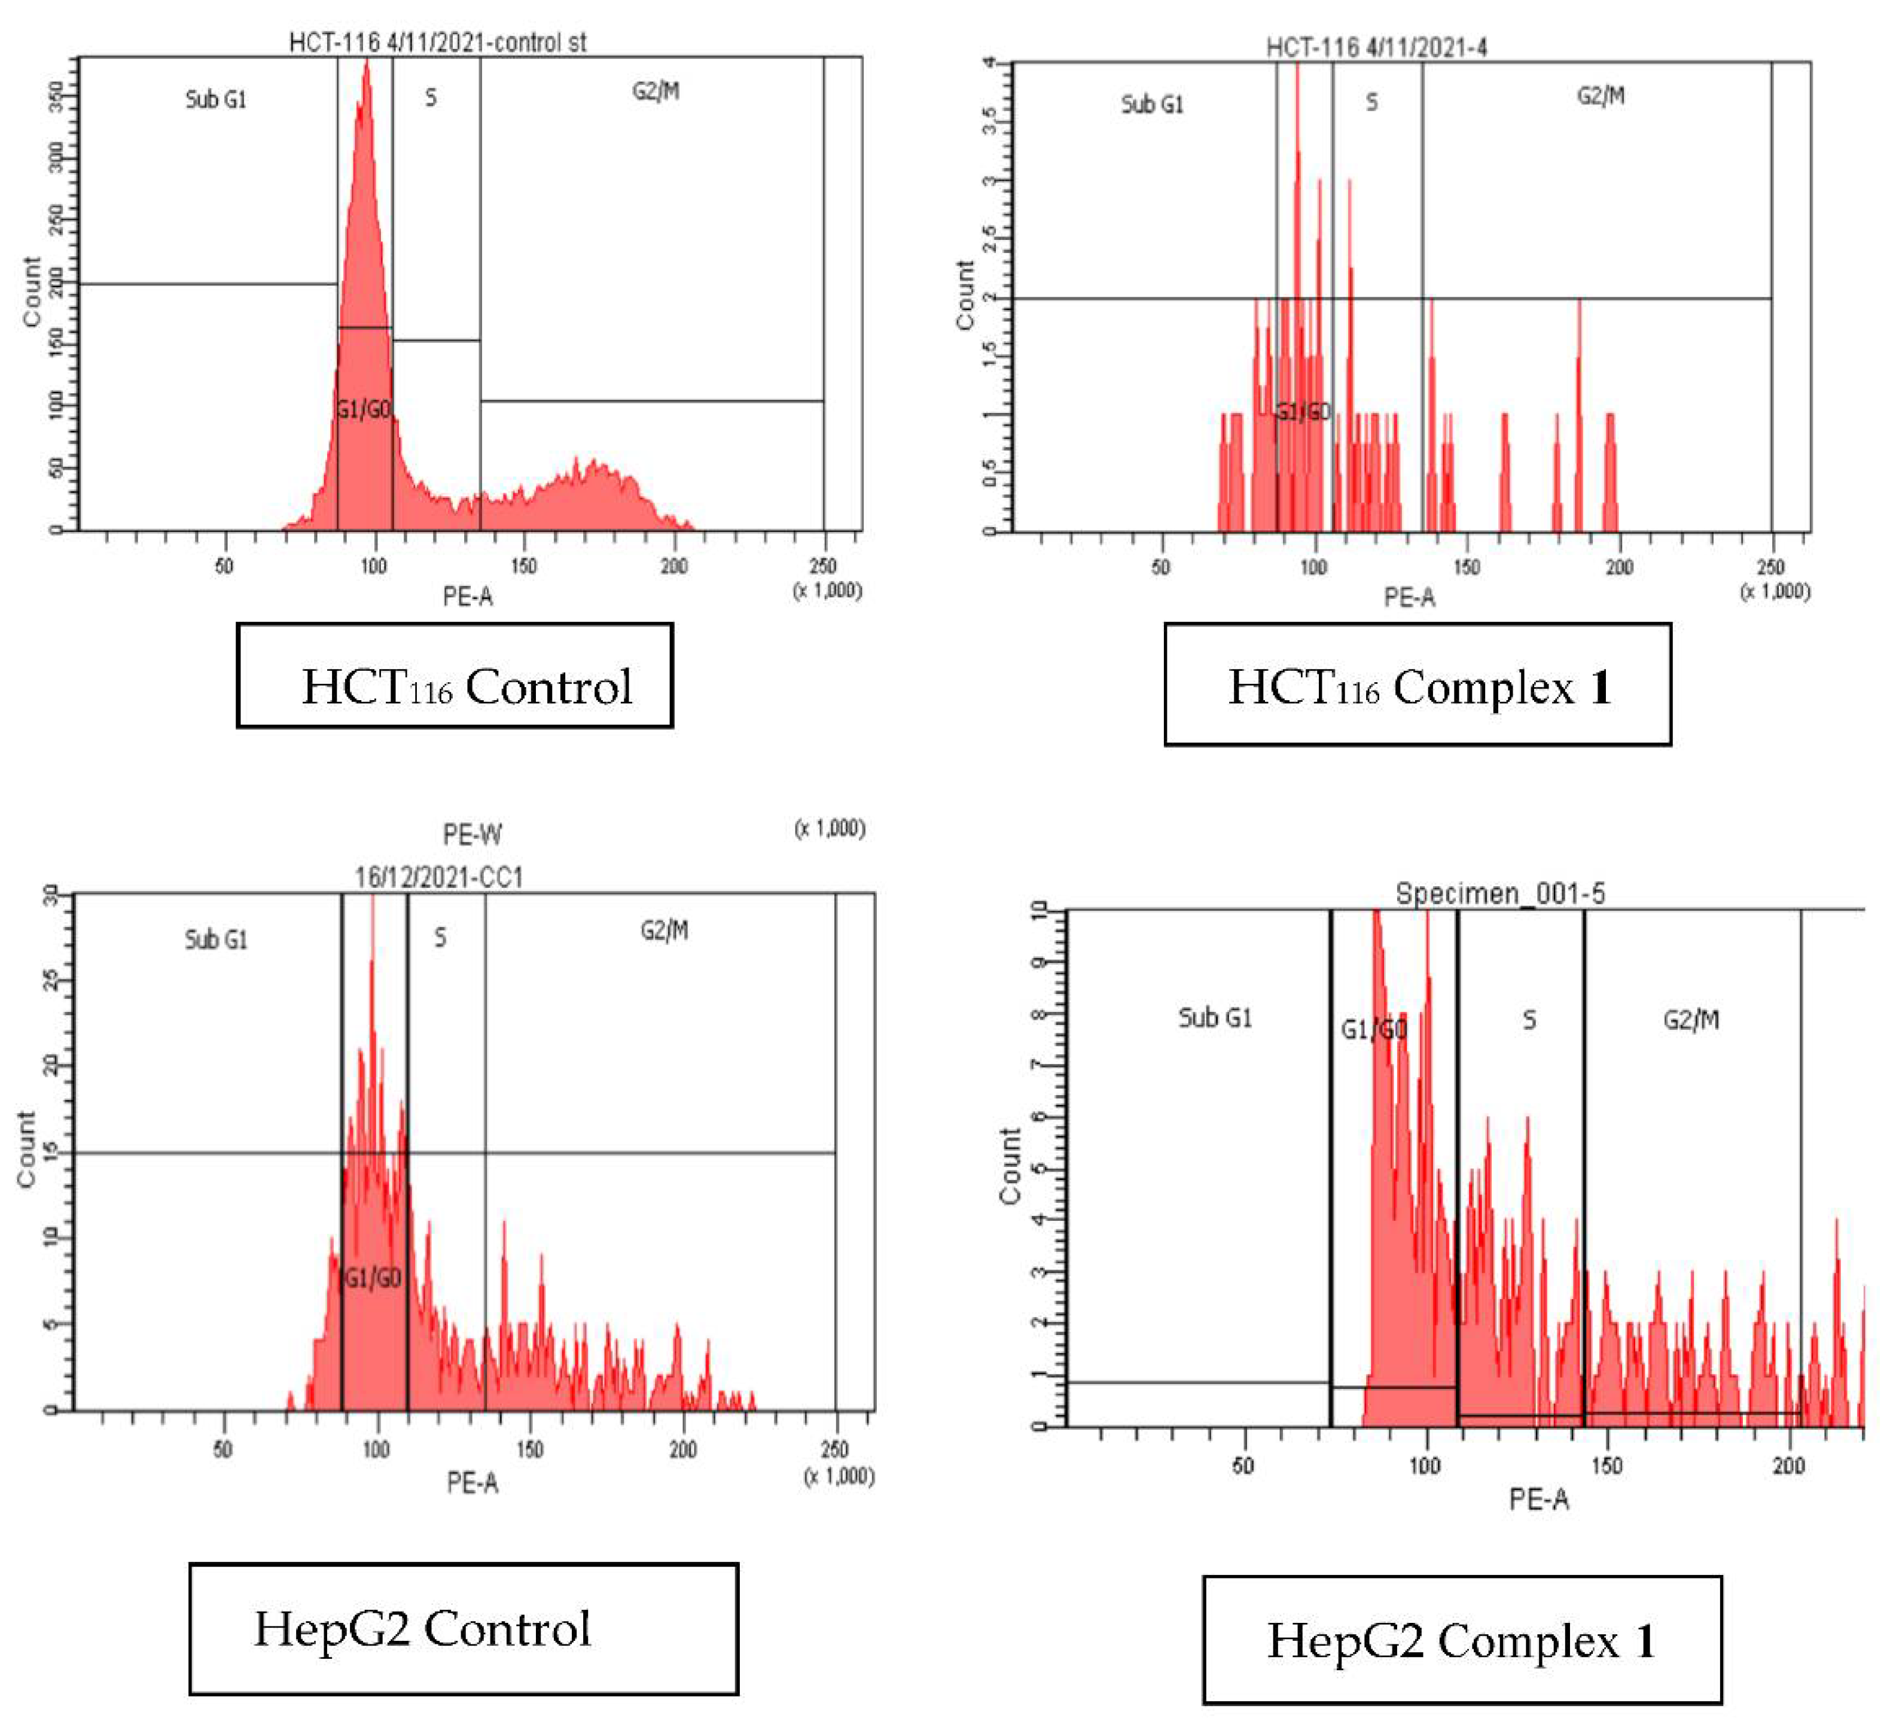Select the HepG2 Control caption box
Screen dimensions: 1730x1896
point(463,1628)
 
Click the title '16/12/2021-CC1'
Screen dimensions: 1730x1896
point(438,877)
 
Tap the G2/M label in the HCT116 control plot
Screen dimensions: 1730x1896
point(656,91)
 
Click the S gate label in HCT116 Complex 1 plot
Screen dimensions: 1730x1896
point(1371,102)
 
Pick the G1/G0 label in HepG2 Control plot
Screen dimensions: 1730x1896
point(373,1278)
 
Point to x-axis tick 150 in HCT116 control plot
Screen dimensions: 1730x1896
point(524,565)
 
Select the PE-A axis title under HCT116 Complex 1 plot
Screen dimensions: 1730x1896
point(1409,597)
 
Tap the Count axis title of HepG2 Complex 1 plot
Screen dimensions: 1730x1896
point(1010,1166)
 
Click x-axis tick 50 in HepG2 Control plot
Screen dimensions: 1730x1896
point(223,1449)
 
